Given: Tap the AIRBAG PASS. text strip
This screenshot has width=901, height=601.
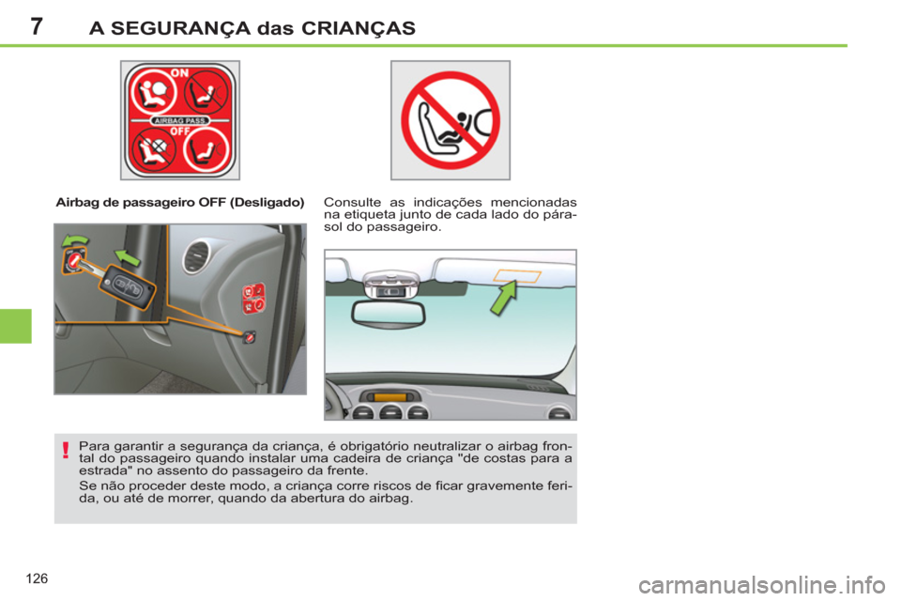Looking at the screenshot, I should click(x=180, y=121).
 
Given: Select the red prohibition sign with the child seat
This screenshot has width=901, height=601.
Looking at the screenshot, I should click(x=450, y=119).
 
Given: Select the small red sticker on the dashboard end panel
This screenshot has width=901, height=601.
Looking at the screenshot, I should click(x=252, y=298).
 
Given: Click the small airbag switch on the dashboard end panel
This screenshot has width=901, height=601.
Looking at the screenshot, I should click(x=250, y=336).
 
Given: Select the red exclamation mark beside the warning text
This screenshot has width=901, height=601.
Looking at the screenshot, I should click(x=66, y=453).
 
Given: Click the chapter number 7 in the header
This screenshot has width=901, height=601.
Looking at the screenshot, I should click(x=35, y=26).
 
